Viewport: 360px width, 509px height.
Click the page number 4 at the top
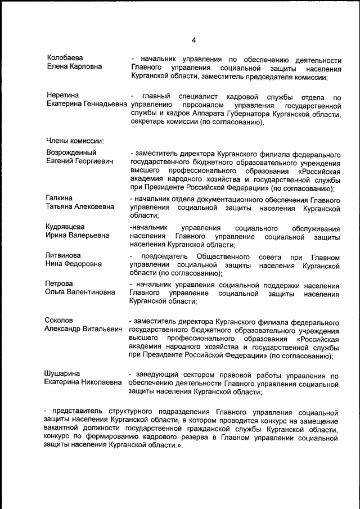click(193, 40)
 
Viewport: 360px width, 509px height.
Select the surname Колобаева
click(64, 58)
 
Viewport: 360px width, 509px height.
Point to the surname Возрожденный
click(71, 152)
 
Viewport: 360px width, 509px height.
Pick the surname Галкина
click(60, 198)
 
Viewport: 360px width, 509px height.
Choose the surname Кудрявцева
click(65, 227)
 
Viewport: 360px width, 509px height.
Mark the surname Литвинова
click(62, 255)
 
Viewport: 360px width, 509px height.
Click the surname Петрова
click(60, 283)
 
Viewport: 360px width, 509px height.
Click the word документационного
click(242, 200)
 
